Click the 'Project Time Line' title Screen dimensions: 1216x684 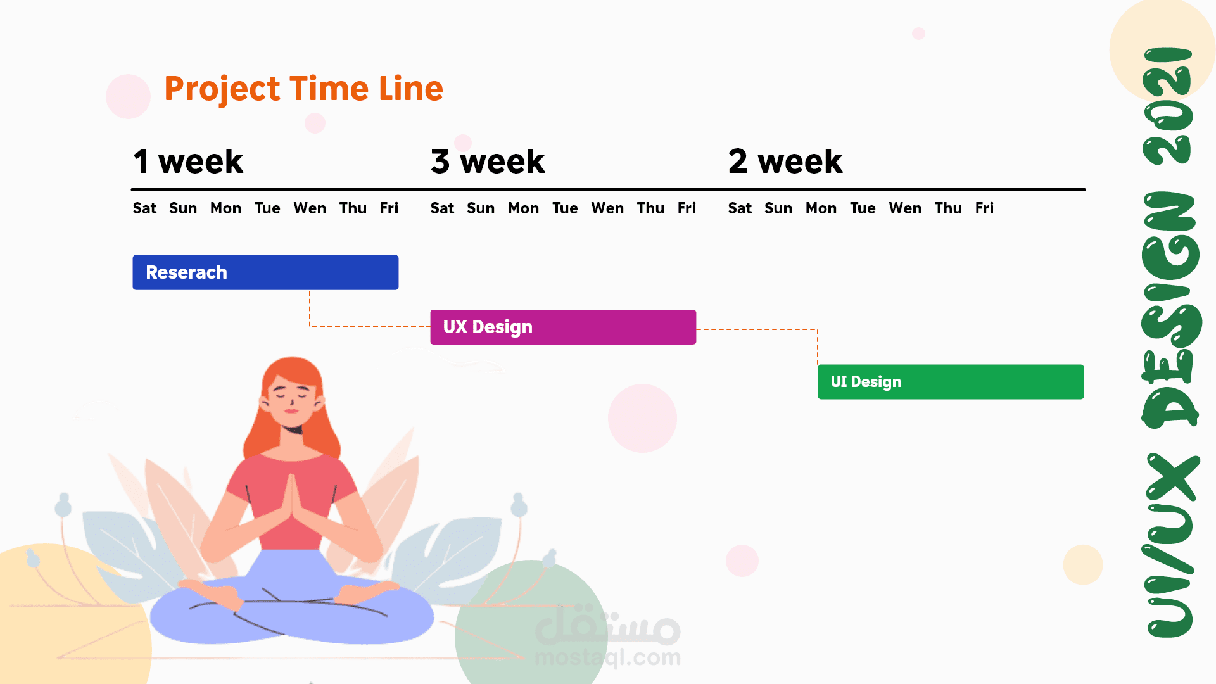pos(303,89)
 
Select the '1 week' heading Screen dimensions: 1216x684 pos(188,161)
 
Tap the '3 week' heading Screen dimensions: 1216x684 pos(488,161)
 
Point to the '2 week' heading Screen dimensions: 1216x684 pos(785,161)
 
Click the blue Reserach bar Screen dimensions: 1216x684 pos(265,272)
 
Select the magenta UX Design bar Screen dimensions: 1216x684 pos(563,327)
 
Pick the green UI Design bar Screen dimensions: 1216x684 pos(951,382)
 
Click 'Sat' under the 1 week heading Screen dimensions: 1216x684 pos(144,208)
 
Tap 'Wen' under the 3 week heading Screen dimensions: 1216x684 pos(607,208)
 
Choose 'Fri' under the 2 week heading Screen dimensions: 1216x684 pos(984,208)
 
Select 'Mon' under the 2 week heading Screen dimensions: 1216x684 pos(821,208)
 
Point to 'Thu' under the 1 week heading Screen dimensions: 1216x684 pos(353,208)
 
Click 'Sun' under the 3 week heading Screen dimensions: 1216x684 pos(481,208)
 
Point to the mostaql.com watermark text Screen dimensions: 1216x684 pos(608,657)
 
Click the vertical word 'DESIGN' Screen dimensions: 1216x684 pos(1170,310)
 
